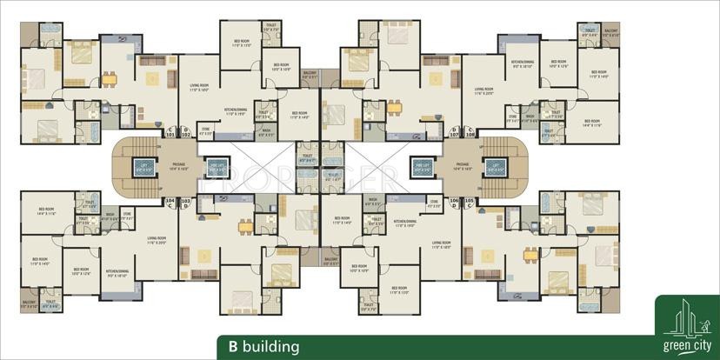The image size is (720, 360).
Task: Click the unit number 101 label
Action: (x=170, y=136)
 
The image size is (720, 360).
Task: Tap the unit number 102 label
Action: (x=184, y=136)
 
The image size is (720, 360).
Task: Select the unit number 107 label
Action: (x=453, y=136)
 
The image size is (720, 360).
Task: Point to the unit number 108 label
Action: (x=470, y=136)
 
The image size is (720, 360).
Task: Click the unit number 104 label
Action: (x=170, y=200)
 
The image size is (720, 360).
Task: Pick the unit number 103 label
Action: (x=184, y=200)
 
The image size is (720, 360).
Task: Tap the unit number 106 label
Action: (x=454, y=200)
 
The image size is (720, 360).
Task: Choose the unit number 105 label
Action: (x=470, y=200)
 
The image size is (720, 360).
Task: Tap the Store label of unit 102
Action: (x=205, y=132)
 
